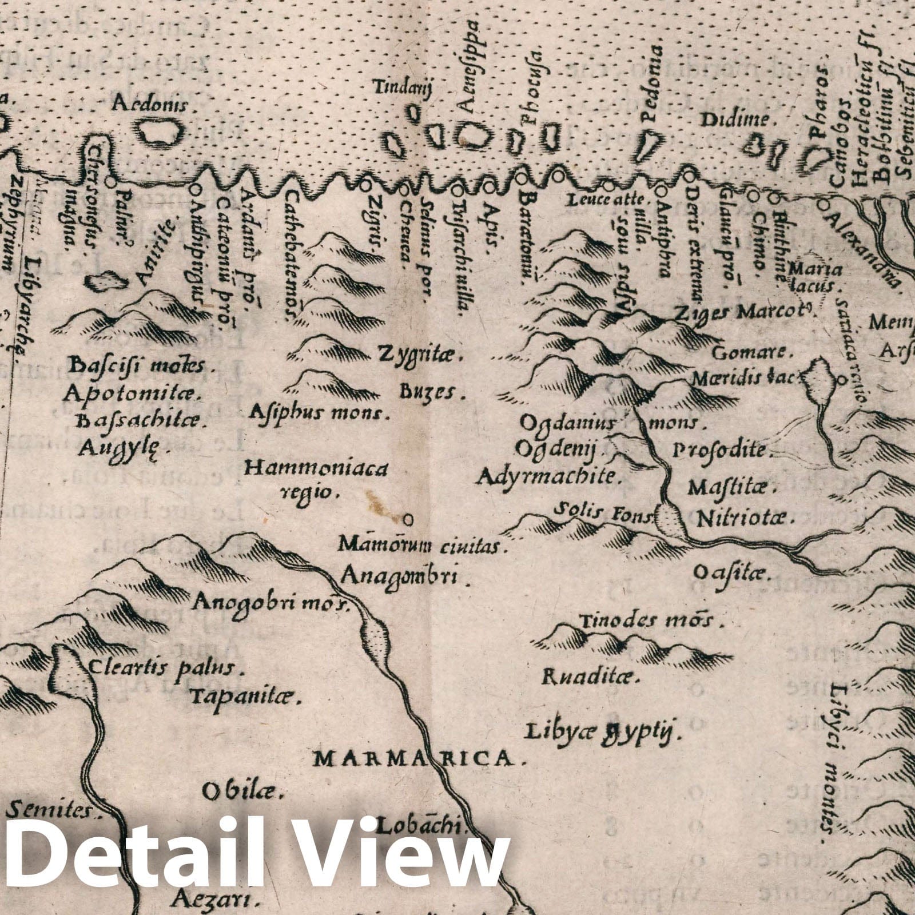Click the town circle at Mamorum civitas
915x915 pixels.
(x=408, y=519)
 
